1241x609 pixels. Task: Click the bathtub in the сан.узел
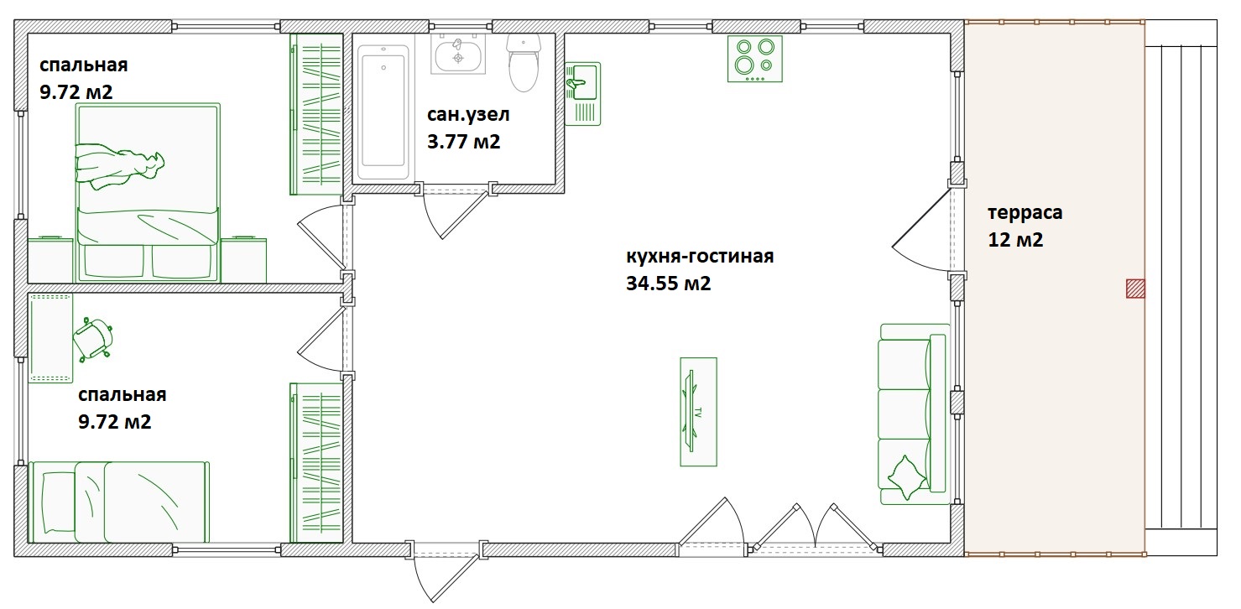point(383,112)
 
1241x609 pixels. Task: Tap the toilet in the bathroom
point(523,63)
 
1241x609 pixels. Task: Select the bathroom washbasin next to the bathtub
point(458,54)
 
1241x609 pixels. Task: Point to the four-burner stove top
point(754,59)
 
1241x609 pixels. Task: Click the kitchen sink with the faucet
point(582,94)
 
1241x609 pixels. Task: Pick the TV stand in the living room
point(698,411)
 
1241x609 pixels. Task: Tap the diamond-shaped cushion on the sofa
point(906,477)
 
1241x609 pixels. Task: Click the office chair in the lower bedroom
point(93,339)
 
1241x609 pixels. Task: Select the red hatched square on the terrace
point(1135,289)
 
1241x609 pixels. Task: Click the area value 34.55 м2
point(668,283)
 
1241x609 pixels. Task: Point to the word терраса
point(1025,212)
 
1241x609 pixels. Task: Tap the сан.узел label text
point(468,115)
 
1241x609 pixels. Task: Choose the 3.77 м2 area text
point(463,142)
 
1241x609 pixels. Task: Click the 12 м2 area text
point(1015,240)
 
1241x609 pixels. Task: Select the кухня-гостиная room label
point(700,257)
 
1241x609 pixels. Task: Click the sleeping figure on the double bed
point(119,166)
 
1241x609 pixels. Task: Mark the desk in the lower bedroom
point(50,338)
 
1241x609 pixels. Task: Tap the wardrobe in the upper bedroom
point(316,114)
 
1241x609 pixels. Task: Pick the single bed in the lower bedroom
point(119,502)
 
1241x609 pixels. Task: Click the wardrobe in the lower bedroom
point(316,463)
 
